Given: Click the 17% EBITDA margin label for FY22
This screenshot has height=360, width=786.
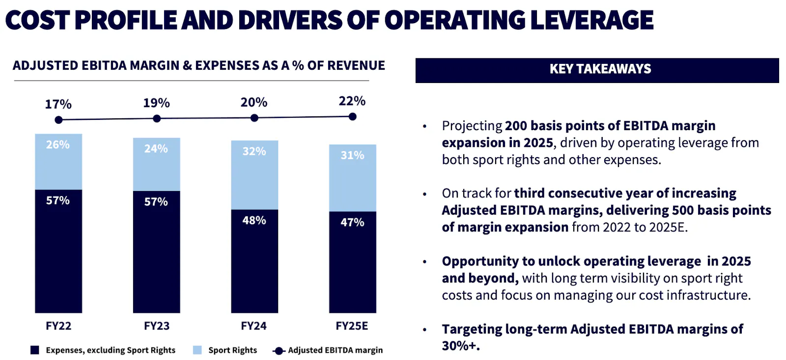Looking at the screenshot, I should coord(58,104).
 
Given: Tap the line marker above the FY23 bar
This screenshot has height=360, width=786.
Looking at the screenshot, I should coord(157,118).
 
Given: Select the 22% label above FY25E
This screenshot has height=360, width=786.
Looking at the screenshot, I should coord(352,101).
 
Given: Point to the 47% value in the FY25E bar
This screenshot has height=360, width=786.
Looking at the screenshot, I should coord(352,222).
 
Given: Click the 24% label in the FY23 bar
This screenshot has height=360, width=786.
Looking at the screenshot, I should coord(156,149).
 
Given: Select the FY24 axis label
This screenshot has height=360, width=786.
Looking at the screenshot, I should coord(253,326).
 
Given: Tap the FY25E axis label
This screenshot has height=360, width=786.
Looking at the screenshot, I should coord(352,326).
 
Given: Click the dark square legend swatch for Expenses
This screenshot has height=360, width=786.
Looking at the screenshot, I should coord(34,350).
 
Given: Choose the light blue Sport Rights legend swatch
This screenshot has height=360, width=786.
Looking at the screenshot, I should coord(197,350).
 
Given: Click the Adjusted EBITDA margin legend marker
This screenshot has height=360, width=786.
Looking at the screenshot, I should coord(279,351).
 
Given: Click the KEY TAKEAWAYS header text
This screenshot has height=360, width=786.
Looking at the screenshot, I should coord(600,69).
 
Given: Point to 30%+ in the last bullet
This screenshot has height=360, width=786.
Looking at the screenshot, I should coord(460,346).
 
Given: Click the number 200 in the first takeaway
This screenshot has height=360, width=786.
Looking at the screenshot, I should coord(516,126).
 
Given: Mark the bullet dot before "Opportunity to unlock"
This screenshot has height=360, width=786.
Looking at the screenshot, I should coord(424,262).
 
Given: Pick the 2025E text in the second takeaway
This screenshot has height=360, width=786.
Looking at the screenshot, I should coord(668,227).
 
